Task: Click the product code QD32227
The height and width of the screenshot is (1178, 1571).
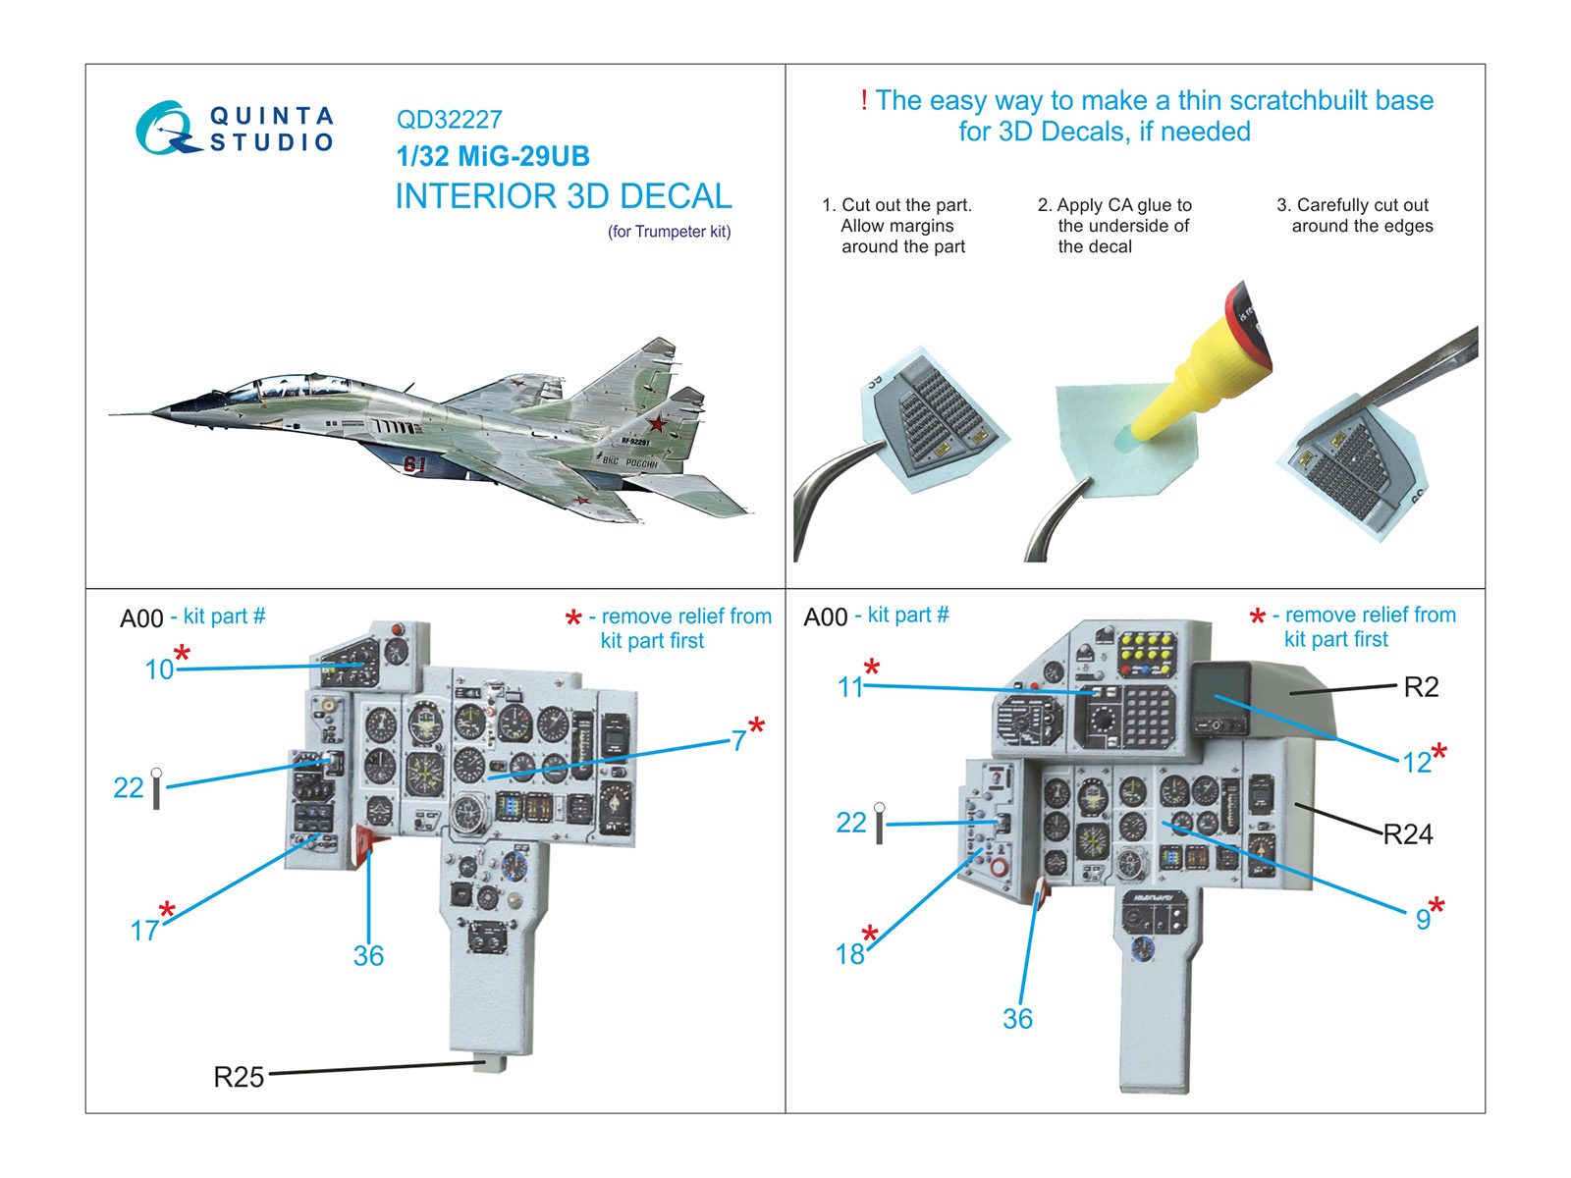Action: (x=449, y=120)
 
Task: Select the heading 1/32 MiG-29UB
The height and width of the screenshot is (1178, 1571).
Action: (x=493, y=156)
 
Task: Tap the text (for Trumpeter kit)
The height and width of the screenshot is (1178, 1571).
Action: (x=669, y=232)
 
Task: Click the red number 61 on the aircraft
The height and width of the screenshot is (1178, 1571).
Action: (x=415, y=463)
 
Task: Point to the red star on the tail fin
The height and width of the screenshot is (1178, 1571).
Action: (x=656, y=424)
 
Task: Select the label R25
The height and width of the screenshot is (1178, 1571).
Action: (x=239, y=1077)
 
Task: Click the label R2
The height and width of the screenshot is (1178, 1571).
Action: (x=1420, y=687)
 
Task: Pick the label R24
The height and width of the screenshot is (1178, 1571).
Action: (x=1408, y=834)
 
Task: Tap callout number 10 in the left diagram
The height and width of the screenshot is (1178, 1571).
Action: (x=159, y=669)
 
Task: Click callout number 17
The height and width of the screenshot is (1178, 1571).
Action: (x=144, y=931)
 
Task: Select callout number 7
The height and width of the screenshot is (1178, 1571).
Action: (x=738, y=741)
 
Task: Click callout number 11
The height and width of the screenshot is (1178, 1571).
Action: (x=850, y=687)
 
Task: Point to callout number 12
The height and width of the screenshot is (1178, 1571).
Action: (x=1416, y=763)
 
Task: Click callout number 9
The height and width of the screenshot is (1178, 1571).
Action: (x=1423, y=919)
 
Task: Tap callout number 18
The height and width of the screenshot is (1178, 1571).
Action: (x=850, y=953)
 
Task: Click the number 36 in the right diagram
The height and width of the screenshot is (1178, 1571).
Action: (x=1017, y=1019)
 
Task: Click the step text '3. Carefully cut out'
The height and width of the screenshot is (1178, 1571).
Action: (x=1352, y=205)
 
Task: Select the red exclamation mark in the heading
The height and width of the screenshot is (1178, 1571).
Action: (x=864, y=100)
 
